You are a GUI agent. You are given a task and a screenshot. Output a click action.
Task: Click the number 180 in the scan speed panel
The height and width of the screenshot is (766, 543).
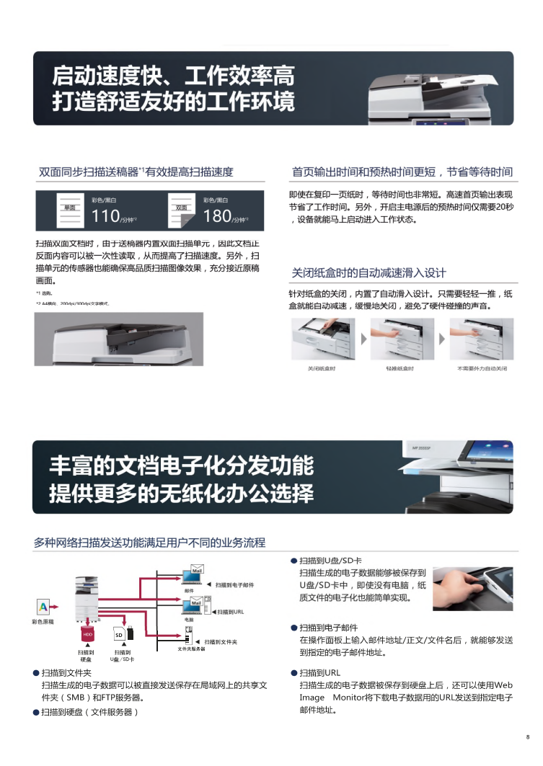[216, 215]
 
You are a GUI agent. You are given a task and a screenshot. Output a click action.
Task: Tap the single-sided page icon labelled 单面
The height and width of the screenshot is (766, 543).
[70, 208]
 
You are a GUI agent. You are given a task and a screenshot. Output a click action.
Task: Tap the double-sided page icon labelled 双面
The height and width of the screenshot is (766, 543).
[182, 208]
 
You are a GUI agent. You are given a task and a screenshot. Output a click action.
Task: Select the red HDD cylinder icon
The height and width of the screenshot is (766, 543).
[87, 634]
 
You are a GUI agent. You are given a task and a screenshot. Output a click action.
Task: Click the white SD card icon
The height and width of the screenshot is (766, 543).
[119, 635]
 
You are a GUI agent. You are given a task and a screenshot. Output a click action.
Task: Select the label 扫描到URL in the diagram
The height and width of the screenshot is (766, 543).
[230, 611]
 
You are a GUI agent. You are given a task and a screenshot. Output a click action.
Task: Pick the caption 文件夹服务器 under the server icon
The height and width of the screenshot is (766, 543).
[192, 649]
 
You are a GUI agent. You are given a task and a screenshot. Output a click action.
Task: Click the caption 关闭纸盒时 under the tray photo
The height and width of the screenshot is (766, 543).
[322, 368]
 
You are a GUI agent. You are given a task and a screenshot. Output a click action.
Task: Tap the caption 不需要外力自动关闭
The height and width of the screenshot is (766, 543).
[482, 368]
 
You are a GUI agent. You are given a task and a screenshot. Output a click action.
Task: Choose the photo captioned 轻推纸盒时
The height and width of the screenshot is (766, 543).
[402, 339]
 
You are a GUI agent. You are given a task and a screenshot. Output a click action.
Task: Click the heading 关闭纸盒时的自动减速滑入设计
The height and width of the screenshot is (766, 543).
[368, 273]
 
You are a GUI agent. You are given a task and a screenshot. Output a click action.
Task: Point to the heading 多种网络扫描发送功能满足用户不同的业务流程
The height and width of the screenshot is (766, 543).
[149, 542]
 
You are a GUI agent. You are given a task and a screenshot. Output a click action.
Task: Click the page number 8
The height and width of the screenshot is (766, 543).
[527, 736]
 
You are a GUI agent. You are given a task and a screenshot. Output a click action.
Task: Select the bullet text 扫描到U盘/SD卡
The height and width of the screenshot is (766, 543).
[330, 561]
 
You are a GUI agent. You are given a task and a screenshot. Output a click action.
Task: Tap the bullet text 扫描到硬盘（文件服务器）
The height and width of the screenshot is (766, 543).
[89, 712]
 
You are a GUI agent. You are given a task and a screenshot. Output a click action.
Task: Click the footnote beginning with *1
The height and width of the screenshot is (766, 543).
[44, 293]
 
